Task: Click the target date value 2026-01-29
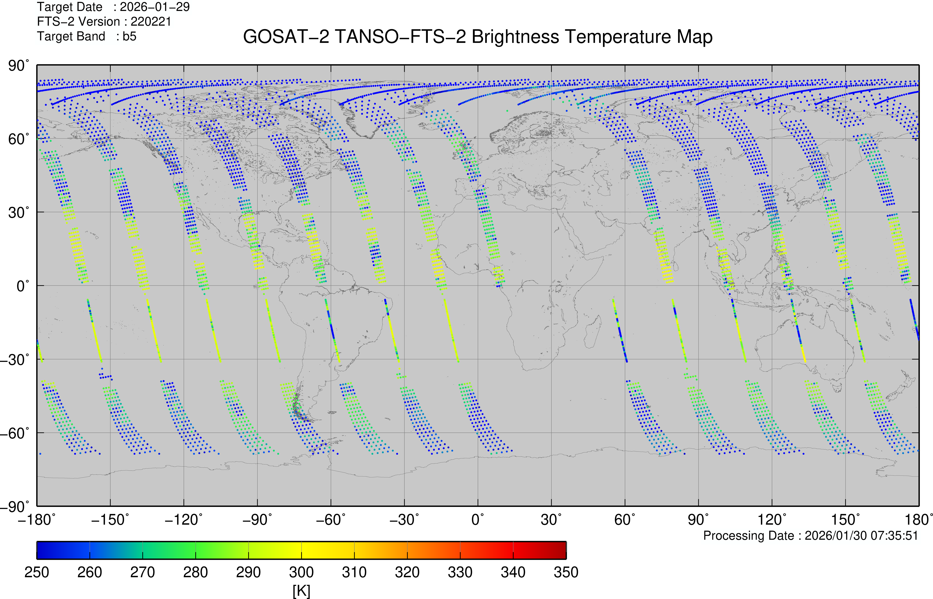coord(155,7)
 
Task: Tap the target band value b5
coord(129,36)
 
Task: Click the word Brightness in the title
coord(515,37)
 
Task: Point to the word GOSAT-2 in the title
coord(286,37)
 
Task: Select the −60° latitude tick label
coord(15,433)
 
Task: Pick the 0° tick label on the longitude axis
coord(478,520)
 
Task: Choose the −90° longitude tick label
coord(257,520)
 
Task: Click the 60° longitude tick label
coord(625,520)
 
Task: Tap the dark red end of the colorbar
coord(560,550)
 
